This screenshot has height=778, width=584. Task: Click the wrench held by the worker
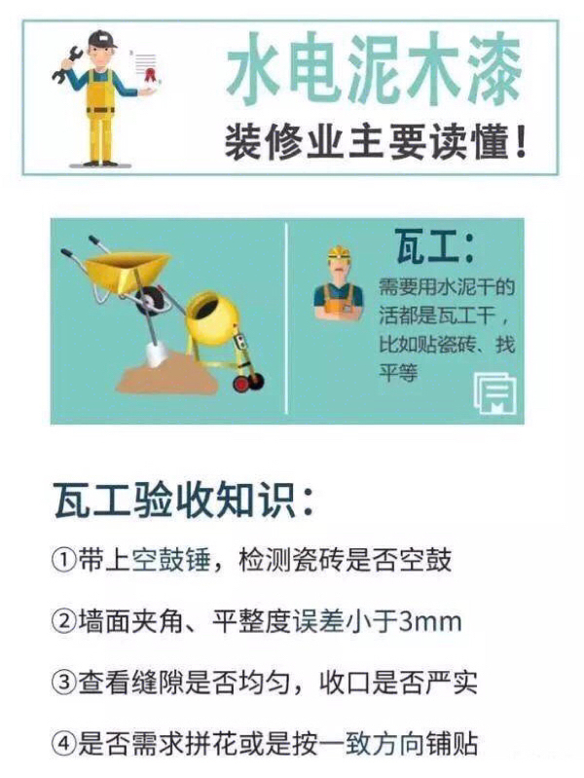(x=66, y=63)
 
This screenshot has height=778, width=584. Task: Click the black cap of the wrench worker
(x=102, y=39)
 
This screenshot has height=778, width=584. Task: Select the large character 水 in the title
(x=256, y=68)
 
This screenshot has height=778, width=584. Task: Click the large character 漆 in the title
(x=488, y=68)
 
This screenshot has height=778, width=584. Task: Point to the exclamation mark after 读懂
(x=521, y=141)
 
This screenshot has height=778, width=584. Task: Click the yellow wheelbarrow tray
(x=128, y=271)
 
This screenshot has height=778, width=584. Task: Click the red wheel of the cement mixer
(x=241, y=384)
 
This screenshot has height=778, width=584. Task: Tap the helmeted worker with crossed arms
(x=340, y=282)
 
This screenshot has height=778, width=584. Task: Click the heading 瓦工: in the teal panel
(x=435, y=245)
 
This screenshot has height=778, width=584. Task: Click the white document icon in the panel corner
(x=494, y=394)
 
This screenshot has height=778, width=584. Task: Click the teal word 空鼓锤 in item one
(x=170, y=561)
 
